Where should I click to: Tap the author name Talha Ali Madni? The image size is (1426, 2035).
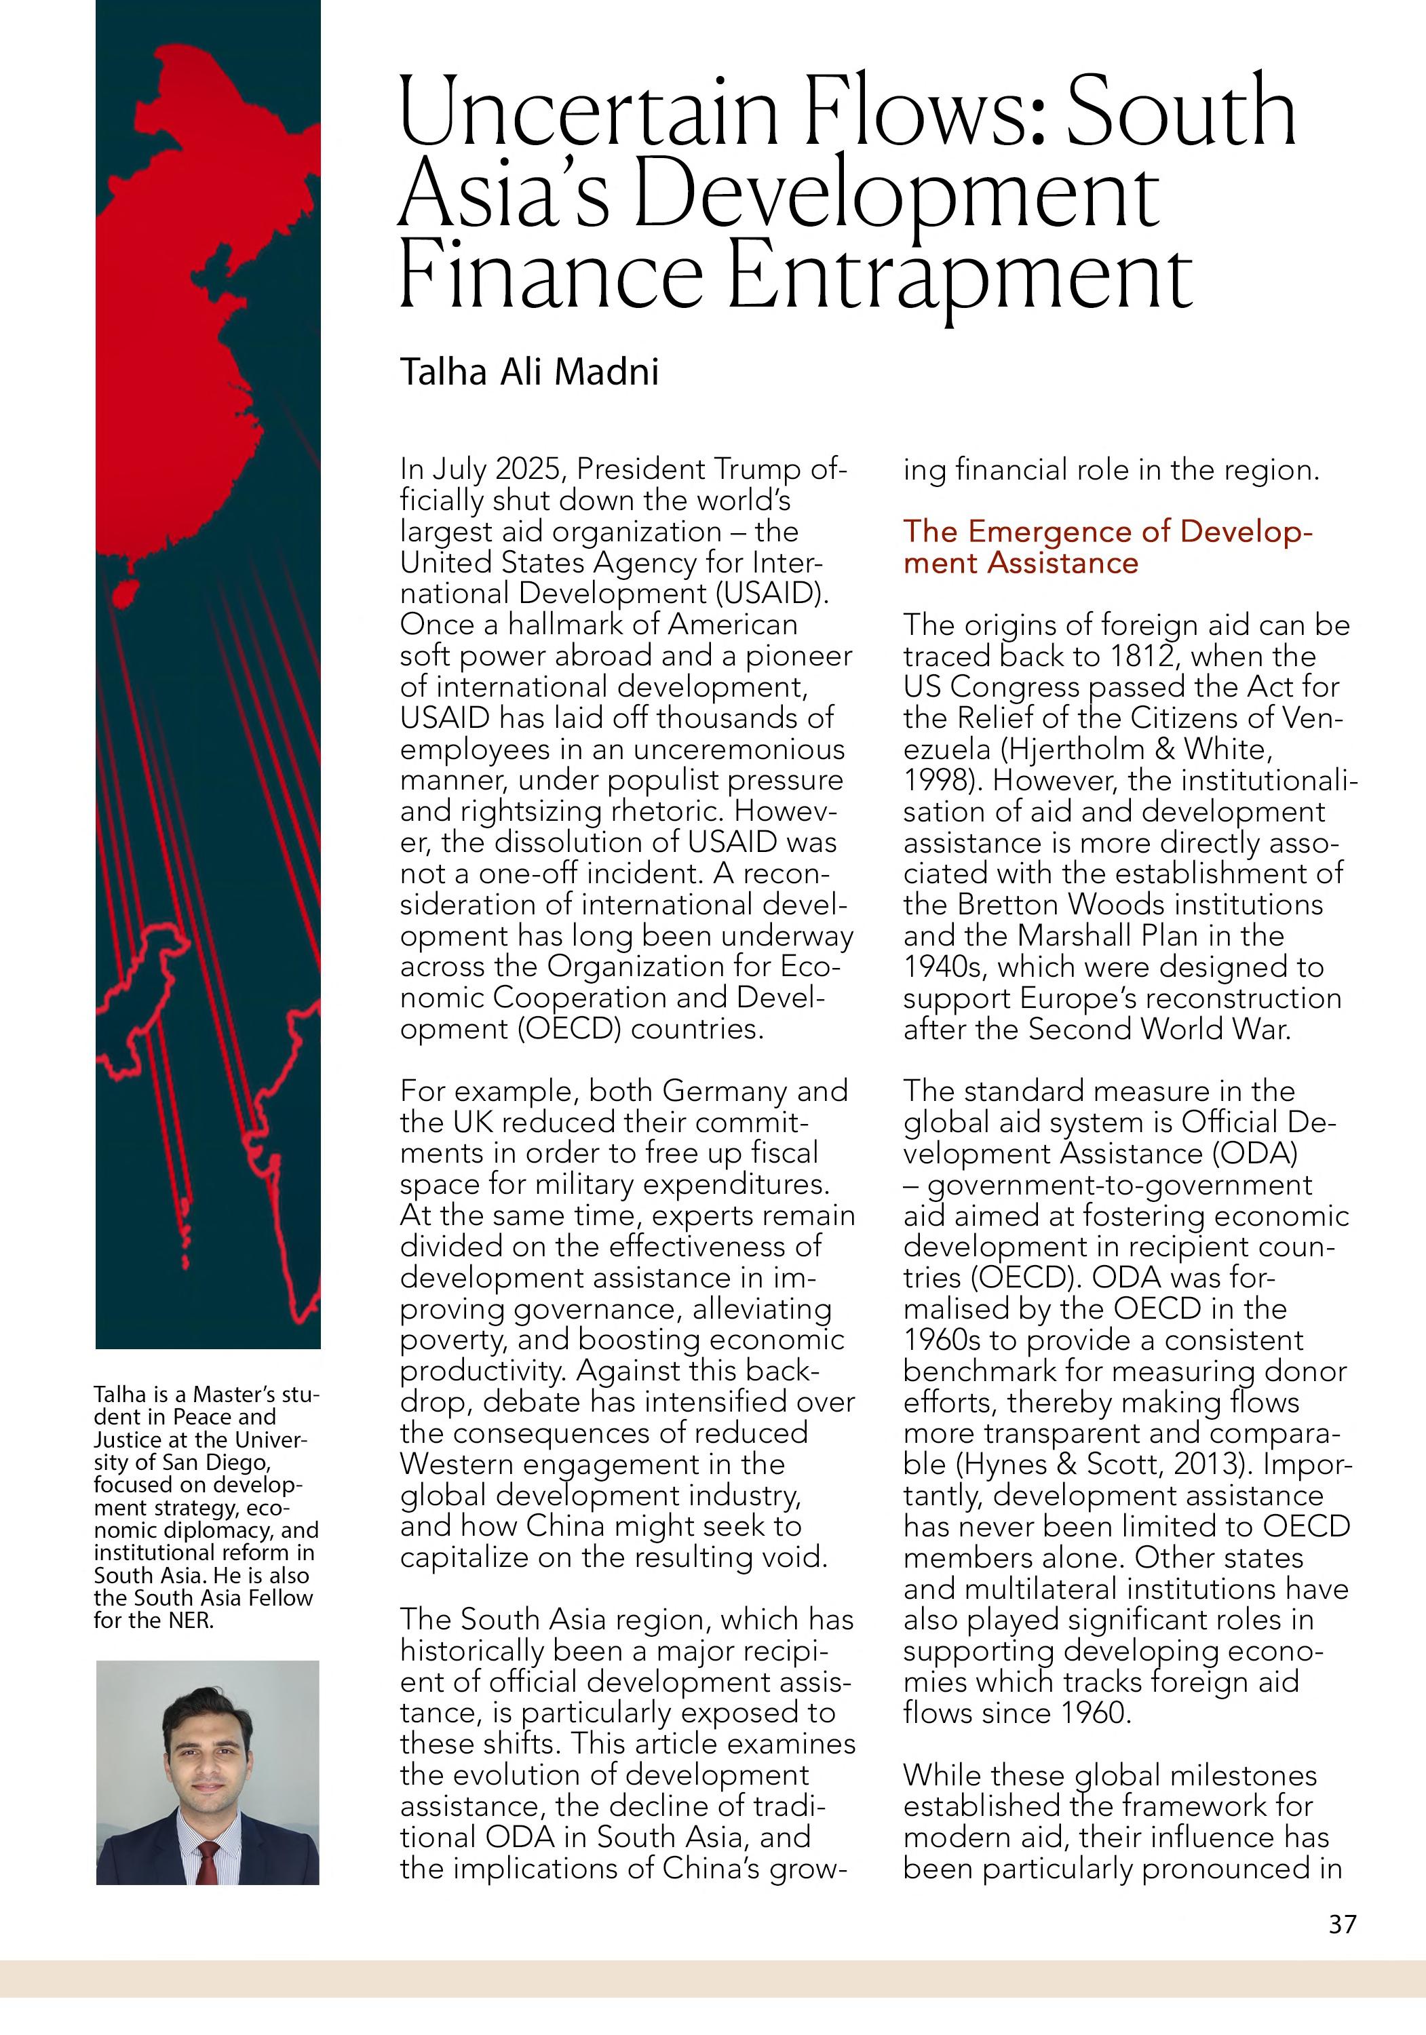(x=529, y=371)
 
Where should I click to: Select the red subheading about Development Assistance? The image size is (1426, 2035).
(x=1107, y=547)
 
